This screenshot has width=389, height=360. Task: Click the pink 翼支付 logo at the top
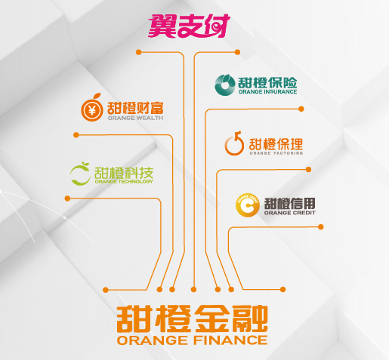pyautogui.click(x=189, y=26)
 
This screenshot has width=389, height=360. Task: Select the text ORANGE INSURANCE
pyautogui.click(x=267, y=92)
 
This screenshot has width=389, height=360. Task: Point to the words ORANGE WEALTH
pyautogui.click(x=135, y=118)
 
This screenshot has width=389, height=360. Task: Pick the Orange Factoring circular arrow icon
pyautogui.click(x=234, y=143)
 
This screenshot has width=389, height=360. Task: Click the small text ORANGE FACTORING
pyautogui.click(x=276, y=153)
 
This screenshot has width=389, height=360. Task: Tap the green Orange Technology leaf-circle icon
pyautogui.click(x=80, y=174)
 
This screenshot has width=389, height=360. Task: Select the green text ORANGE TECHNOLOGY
pyautogui.click(x=124, y=181)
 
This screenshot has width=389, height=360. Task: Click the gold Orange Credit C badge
pyautogui.click(x=248, y=205)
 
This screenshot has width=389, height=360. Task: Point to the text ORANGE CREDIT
pyautogui.click(x=289, y=213)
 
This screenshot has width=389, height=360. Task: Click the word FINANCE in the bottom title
pyautogui.click(x=230, y=340)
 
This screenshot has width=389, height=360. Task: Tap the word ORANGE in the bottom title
pyautogui.click(x=152, y=340)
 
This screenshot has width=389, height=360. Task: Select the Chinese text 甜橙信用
pyautogui.click(x=289, y=203)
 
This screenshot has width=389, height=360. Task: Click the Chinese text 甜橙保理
pyautogui.click(x=276, y=144)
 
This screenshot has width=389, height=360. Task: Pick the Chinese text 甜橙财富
pyautogui.click(x=135, y=108)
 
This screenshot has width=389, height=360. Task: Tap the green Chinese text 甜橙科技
pyautogui.click(x=124, y=172)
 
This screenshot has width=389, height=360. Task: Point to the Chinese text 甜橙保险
pyautogui.click(x=267, y=82)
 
